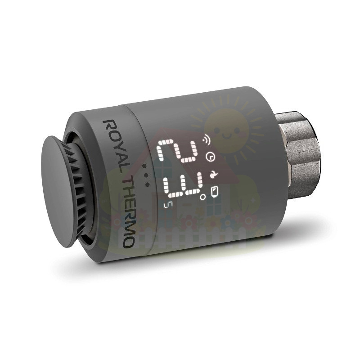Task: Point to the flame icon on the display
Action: [x=213, y=175]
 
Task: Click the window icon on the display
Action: [x=215, y=192]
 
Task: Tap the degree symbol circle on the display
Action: [x=203, y=197]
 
